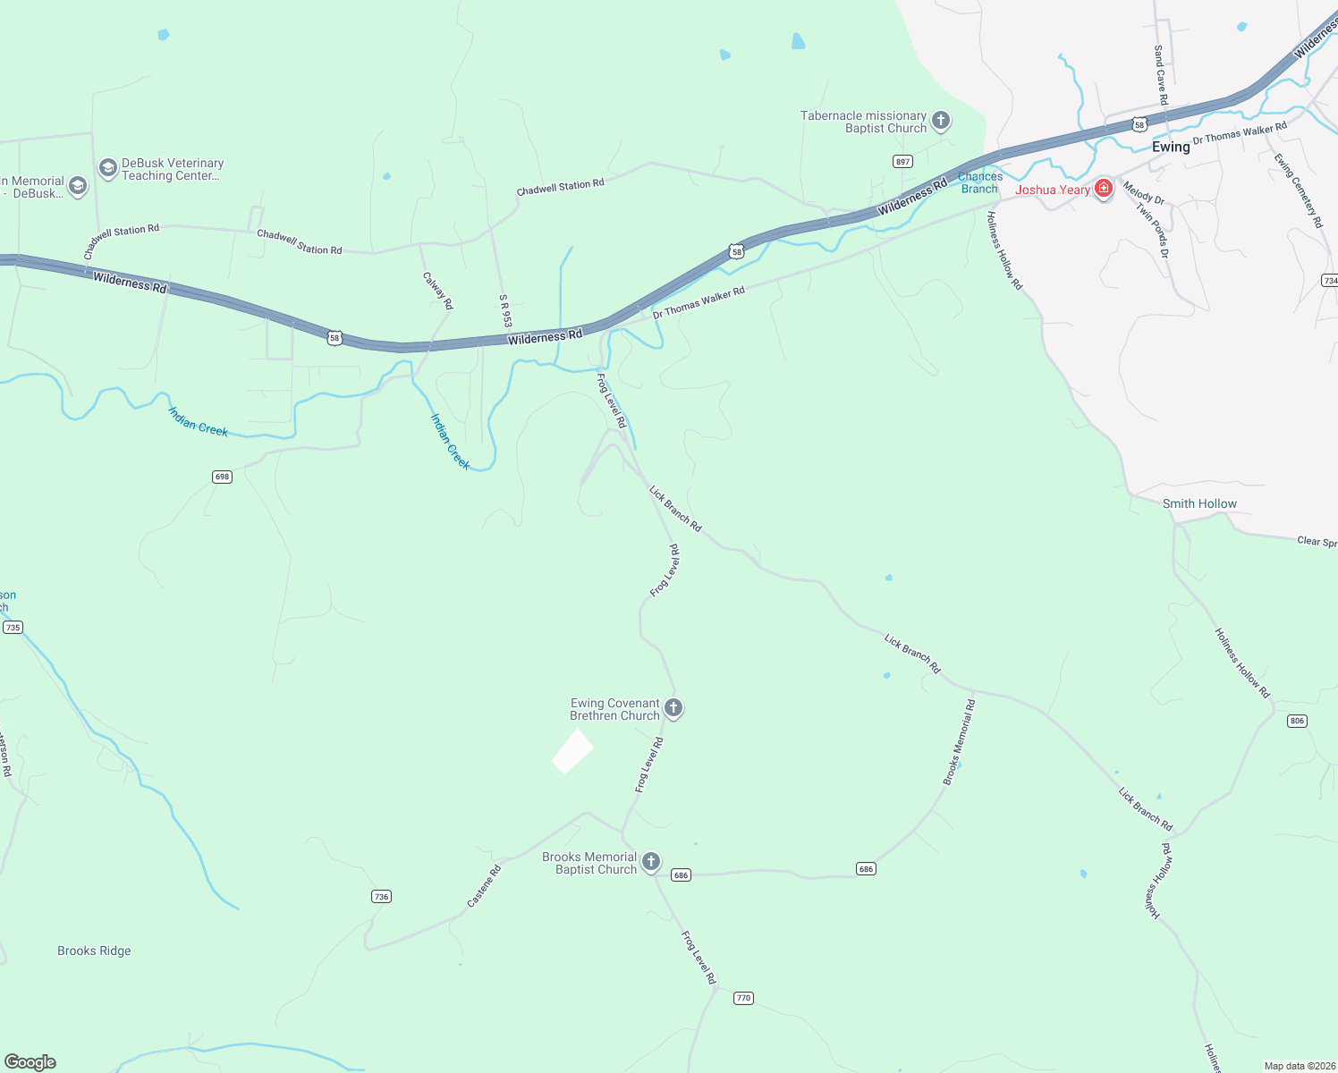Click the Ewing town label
pyautogui.click(x=1171, y=147)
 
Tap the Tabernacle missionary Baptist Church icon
pyautogui.click(x=941, y=120)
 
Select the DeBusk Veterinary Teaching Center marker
pyautogui.click(x=108, y=168)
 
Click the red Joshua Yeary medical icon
pyautogui.click(x=1104, y=188)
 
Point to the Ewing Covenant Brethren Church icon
pyautogui.click(x=673, y=708)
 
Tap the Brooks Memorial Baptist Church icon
pyautogui.click(x=651, y=862)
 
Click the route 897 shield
pyautogui.click(x=902, y=162)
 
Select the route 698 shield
pyautogui.click(x=223, y=477)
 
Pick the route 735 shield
pyautogui.click(x=13, y=628)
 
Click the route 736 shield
pyautogui.click(x=382, y=896)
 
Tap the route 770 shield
pyautogui.click(x=743, y=998)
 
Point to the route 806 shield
pyautogui.click(x=1298, y=721)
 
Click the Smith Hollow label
pyautogui.click(x=1199, y=503)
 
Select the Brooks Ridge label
pyautogui.click(x=94, y=950)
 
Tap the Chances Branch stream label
pyautogui.click(x=980, y=182)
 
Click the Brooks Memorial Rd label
pyautogui.click(x=959, y=743)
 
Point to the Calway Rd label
pyautogui.click(x=438, y=291)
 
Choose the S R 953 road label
pyautogui.click(x=505, y=310)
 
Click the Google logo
pyautogui.click(x=30, y=1062)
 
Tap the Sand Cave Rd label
pyautogui.click(x=1161, y=75)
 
